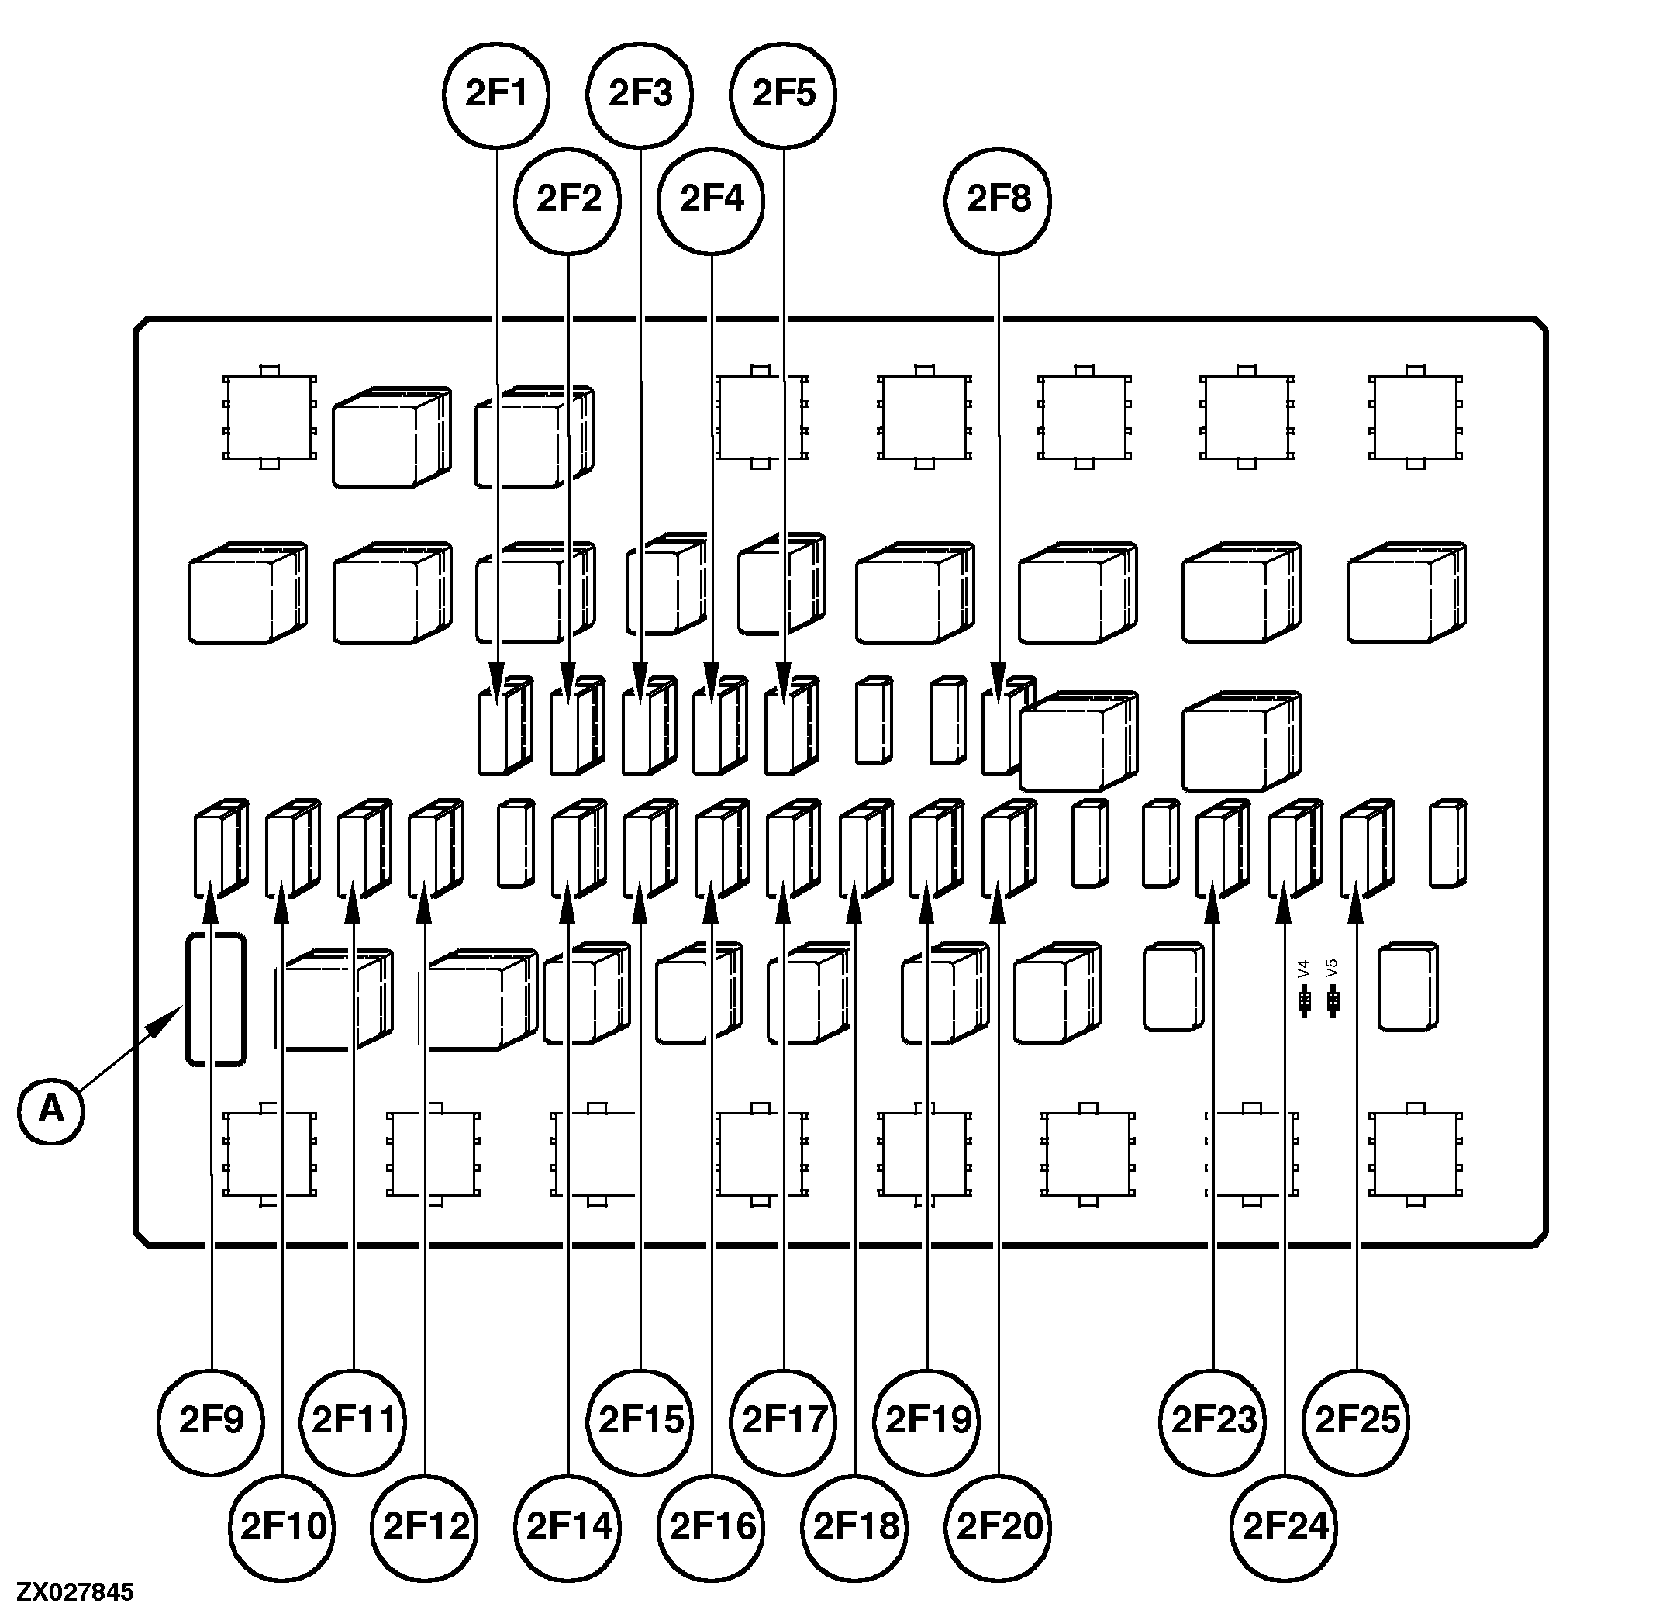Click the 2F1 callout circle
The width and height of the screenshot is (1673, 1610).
coord(497,94)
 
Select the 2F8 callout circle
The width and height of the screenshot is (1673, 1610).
coord(998,201)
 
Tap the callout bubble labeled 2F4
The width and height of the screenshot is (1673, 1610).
coord(712,201)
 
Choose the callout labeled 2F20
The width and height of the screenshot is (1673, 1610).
coord(999,1526)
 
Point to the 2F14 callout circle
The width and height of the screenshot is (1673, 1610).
coord(568,1526)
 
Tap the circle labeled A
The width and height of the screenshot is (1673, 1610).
coord(51,1110)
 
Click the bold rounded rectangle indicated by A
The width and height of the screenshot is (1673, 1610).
coord(216,1000)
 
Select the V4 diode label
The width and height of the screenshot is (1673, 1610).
coord(1303,969)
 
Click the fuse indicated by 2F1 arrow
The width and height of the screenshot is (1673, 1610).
coord(504,727)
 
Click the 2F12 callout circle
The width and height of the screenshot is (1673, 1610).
coord(425,1526)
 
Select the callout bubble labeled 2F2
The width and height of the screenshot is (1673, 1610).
coord(568,201)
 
